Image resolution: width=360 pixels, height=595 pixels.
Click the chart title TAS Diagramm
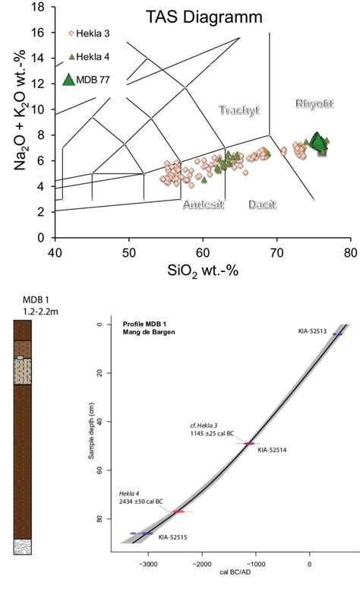click(x=204, y=17)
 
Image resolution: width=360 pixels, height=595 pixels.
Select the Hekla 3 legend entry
click(x=89, y=33)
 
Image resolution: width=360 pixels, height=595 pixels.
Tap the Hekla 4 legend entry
click(x=89, y=57)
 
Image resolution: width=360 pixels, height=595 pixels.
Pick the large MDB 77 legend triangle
click(x=68, y=80)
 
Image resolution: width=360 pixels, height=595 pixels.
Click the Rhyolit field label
click(x=314, y=103)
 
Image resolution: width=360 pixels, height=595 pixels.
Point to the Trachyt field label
click(x=239, y=110)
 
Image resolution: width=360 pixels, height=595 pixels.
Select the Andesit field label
click(x=204, y=204)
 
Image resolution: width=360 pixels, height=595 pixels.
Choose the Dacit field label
click(x=262, y=204)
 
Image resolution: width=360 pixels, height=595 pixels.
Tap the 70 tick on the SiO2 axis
click(x=277, y=253)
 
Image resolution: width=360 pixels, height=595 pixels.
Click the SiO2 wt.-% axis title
click(x=203, y=271)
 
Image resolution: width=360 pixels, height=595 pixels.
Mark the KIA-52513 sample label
click(x=312, y=331)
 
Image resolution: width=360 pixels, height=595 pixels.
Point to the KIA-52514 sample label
click(x=272, y=450)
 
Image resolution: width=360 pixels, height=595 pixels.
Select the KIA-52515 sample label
click(x=172, y=537)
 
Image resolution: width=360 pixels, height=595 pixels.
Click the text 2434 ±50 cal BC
click(x=141, y=502)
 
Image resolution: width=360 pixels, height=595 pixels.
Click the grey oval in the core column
click(x=21, y=357)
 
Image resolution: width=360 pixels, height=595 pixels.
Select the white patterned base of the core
click(x=23, y=547)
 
